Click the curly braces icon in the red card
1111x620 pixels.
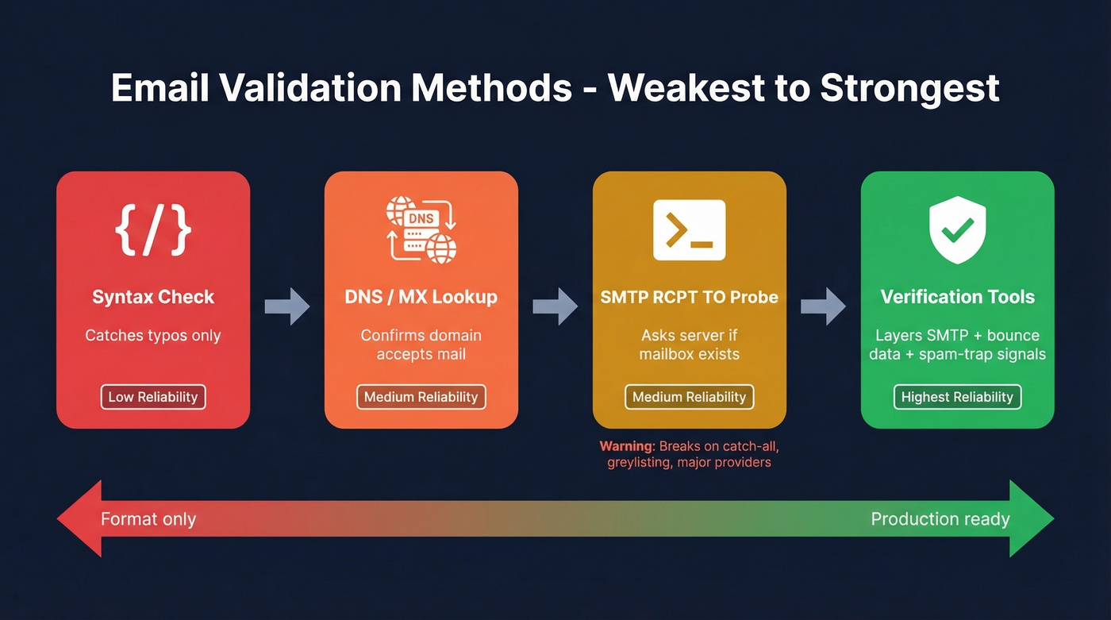tap(153, 230)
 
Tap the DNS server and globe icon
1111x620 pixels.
tap(421, 229)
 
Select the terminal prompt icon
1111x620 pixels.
tap(689, 230)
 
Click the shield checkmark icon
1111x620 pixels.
tap(957, 230)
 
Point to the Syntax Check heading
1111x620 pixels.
tap(153, 297)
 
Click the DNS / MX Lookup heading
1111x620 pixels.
tap(421, 297)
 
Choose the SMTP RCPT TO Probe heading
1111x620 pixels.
tap(689, 297)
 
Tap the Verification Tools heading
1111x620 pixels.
tap(957, 297)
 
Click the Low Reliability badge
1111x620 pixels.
tap(153, 397)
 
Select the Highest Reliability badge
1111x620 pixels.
tap(957, 397)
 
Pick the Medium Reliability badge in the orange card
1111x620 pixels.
tap(421, 397)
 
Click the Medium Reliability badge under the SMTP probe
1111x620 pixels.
tap(689, 397)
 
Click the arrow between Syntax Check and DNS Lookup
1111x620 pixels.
tap(287, 306)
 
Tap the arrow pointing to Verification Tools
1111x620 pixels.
tap(824, 306)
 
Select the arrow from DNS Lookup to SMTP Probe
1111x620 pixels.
tap(555, 306)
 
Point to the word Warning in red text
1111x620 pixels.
tap(625, 446)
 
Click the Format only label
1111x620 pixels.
tap(148, 520)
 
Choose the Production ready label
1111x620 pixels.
tap(940, 520)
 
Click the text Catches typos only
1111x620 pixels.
tap(153, 336)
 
